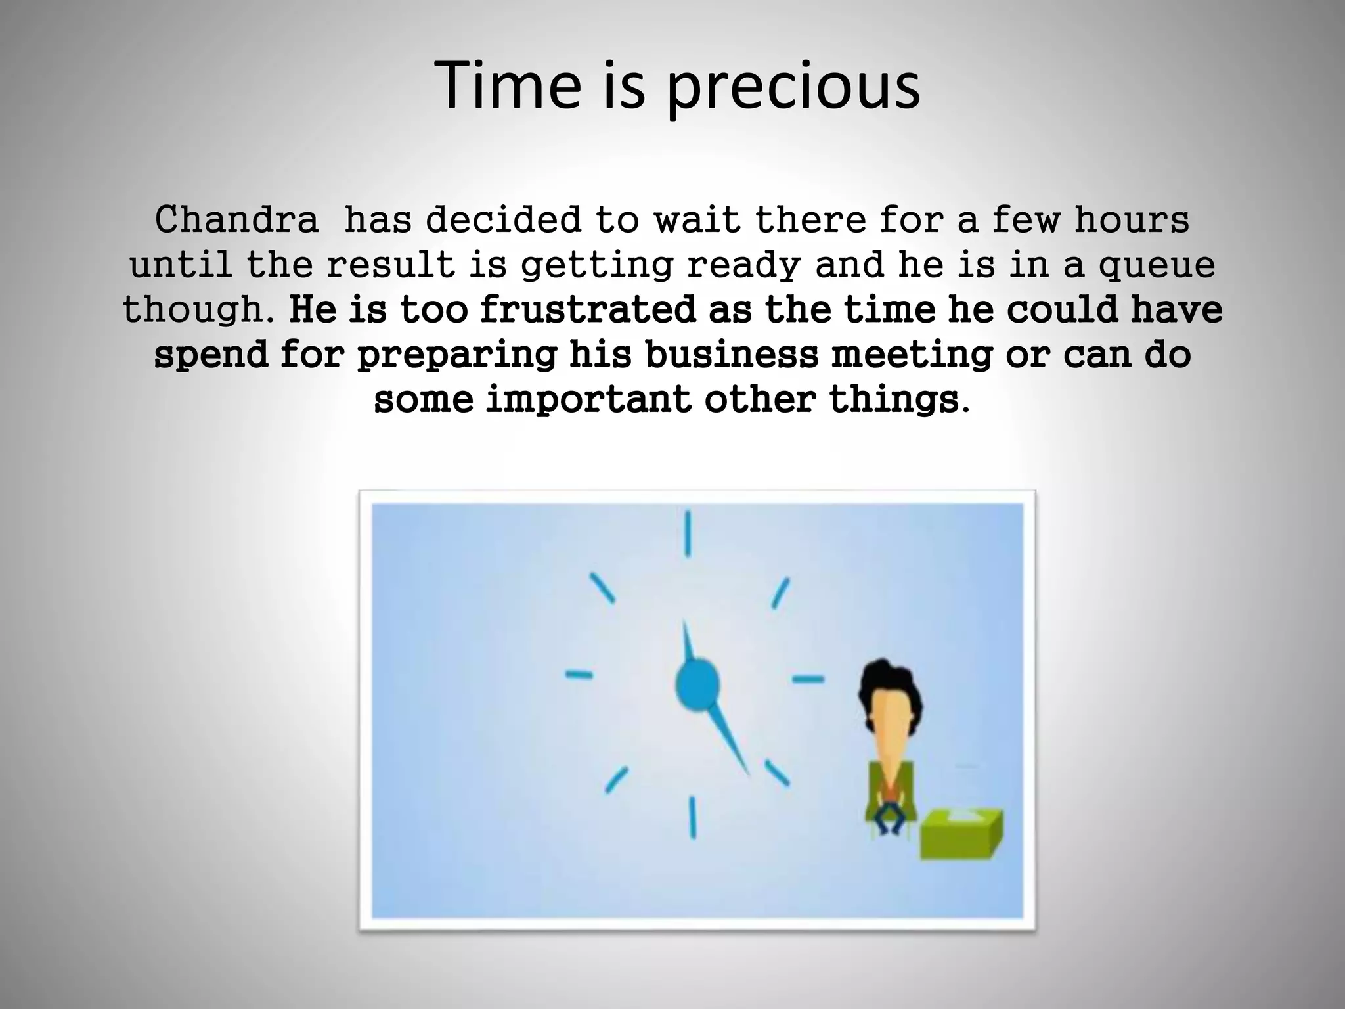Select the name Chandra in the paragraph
point(236,220)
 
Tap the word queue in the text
point(1157,266)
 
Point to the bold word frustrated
point(587,309)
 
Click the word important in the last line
point(588,399)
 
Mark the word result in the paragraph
point(391,265)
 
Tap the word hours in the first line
point(1132,220)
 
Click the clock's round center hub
point(697,685)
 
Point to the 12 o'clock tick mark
point(688,534)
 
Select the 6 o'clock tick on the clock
point(692,817)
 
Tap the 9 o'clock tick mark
point(579,674)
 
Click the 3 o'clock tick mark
point(807,679)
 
